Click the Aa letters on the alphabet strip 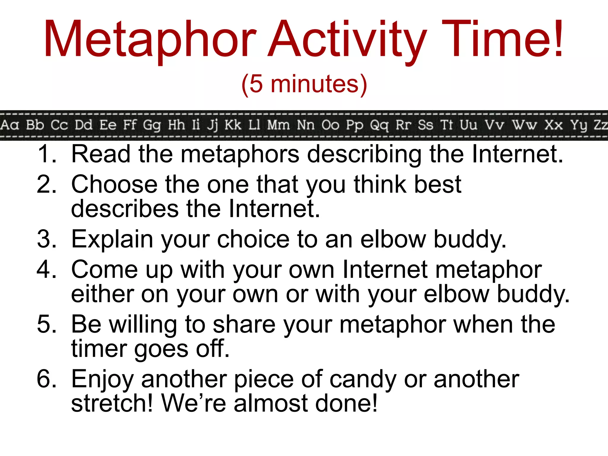[9, 125]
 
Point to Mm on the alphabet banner [278, 125]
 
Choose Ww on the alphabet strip [524, 125]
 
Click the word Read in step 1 [101, 154]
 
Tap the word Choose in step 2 [114, 185]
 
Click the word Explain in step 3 [112, 239]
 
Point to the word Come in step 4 [104, 270]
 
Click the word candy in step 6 [362, 379]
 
